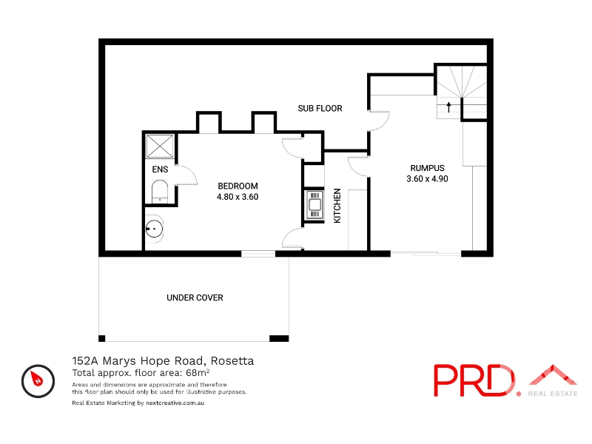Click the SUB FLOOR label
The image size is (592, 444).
coord(320,108)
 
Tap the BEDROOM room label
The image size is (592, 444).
coord(238,186)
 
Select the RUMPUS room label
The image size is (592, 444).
coord(428,168)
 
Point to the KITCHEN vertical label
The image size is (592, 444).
coord(337,206)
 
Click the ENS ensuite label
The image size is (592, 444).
coord(160,169)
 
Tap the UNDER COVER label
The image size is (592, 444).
coord(195,297)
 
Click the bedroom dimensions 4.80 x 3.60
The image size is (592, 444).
coord(238,197)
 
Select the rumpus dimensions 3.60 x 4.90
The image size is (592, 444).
coord(428,179)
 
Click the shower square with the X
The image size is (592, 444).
coord(160,146)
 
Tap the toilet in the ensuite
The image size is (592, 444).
coord(160,192)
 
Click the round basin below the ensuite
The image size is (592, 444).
coord(154,229)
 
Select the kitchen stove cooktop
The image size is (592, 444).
coord(315,205)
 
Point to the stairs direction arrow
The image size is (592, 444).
coord(448,107)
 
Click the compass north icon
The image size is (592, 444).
coord(38,381)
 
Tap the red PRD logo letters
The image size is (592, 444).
coord(474,380)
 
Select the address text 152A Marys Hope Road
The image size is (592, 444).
coord(138,361)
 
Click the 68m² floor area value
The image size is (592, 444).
coord(198,373)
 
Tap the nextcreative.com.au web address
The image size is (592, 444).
coord(175,403)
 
